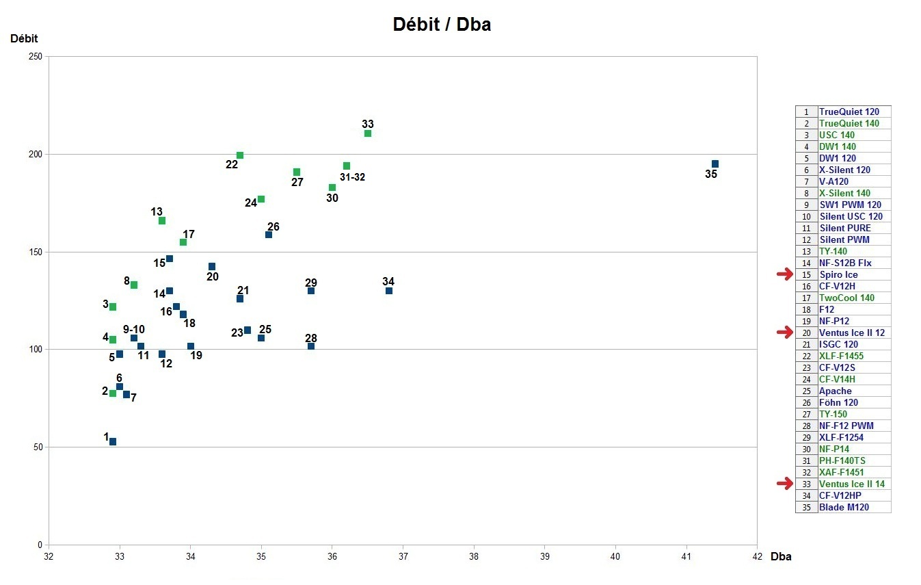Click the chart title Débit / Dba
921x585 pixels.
click(442, 25)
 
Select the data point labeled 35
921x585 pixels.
click(715, 164)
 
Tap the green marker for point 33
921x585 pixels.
click(368, 133)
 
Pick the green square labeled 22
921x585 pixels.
click(240, 155)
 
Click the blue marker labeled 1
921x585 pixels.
click(113, 442)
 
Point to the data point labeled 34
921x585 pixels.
click(389, 291)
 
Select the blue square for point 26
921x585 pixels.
click(269, 235)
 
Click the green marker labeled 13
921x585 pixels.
click(162, 221)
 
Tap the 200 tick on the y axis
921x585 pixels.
click(36, 155)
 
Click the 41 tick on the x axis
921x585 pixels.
click(686, 556)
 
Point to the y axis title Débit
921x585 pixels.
click(24, 38)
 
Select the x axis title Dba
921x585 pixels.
click(781, 556)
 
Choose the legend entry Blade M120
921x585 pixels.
click(845, 507)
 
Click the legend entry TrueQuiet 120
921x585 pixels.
click(849, 112)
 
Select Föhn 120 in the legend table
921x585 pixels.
click(838, 402)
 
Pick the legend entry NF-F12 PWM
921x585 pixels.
click(846, 426)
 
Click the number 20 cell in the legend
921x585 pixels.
click(806, 333)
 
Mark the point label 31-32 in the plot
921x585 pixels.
click(353, 177)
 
